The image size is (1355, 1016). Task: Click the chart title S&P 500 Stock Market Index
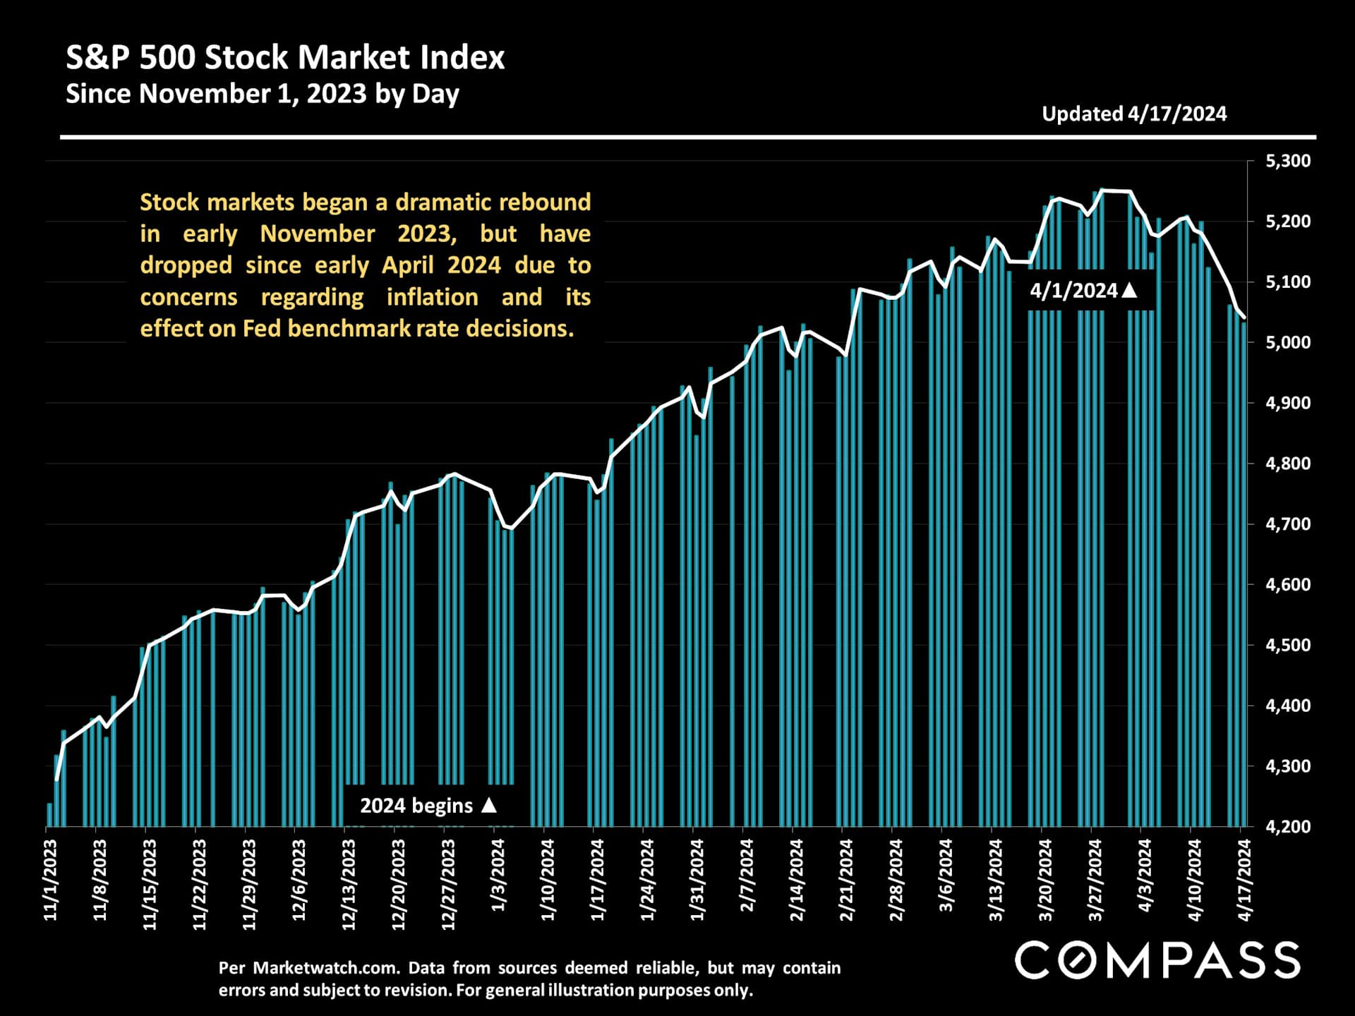point(285,58)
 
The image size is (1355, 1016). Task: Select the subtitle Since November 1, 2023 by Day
point(263,94)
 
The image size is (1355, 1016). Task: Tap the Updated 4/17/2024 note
point(1134,114)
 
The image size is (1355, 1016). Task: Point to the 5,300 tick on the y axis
point(1288,162)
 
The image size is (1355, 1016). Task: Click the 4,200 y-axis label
point(1288,826)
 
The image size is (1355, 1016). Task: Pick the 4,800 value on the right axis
point(1288,464)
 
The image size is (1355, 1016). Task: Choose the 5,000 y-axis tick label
point(1288,343)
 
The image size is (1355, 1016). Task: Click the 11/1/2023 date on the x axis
point(51,881)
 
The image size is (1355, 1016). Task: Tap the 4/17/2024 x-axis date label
point(1244,881)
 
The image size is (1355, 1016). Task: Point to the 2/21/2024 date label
point(846,881)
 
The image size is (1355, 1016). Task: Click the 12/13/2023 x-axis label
point(349,885)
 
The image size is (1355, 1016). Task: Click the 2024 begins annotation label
point(416,806)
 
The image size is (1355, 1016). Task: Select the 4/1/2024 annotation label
point(1073,291)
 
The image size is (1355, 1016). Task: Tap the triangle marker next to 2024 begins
point(489,805)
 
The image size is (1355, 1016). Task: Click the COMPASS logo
point(1157,960)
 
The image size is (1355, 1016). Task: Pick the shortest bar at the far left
point(49,815)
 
